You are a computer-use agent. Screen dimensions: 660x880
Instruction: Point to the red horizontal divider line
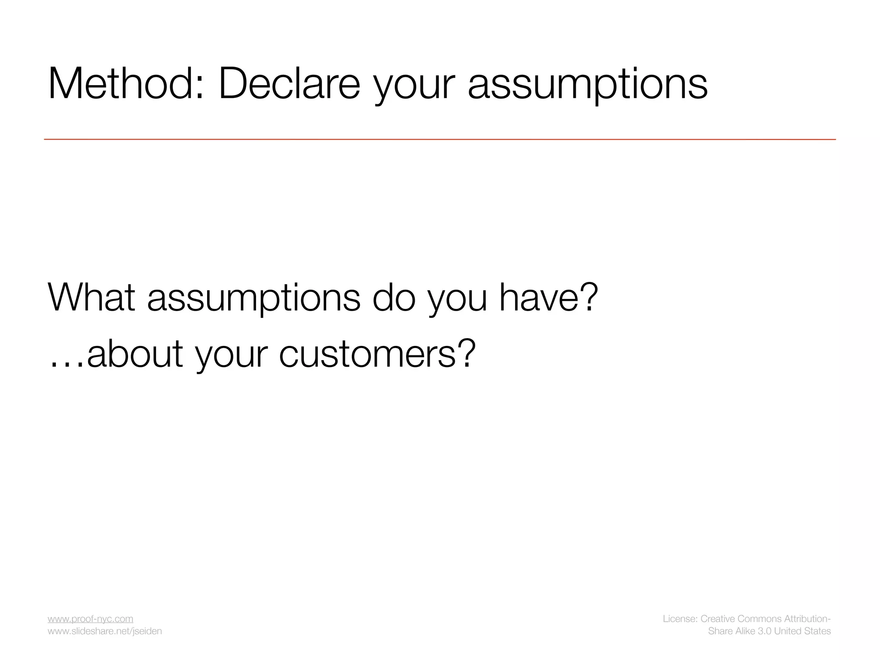(440, 139)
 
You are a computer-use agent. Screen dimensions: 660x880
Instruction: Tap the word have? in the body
(548, 297)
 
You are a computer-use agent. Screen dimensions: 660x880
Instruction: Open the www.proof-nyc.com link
(90, 619)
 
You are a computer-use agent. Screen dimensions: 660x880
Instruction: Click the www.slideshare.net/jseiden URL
(104, 631)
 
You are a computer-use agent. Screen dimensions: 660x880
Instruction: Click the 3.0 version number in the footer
(764, 631)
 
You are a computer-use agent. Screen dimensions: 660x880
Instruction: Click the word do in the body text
(394, 297)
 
